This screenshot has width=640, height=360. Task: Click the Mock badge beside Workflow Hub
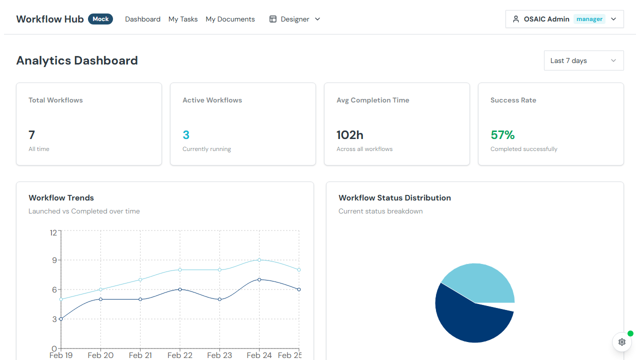click(100, 19)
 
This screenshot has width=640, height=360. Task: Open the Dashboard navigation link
click(142, 19)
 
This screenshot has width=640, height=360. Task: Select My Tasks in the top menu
click(183, 19)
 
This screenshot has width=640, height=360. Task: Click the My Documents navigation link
click(230, 19)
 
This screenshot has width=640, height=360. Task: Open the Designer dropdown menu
click(295, 19)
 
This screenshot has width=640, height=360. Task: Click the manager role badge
click(589, 19)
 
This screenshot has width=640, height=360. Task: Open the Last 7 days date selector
click(583, 60)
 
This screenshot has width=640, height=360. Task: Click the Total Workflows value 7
click(32, 135)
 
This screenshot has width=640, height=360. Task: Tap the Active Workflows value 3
click(186, 135)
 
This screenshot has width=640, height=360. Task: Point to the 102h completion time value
click(350, 135)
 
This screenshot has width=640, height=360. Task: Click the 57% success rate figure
click(502, 135)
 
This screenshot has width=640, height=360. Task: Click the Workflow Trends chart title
click(61, 198)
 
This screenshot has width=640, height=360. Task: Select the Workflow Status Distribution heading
click(394, 198)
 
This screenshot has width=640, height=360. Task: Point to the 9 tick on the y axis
click(54, 260)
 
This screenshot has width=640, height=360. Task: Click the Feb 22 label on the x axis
click(180, 355)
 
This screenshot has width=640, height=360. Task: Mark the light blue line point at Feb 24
click(259, 260)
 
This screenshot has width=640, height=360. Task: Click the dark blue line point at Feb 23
click(219, 299)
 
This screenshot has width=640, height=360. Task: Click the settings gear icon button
click(622, 342)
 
